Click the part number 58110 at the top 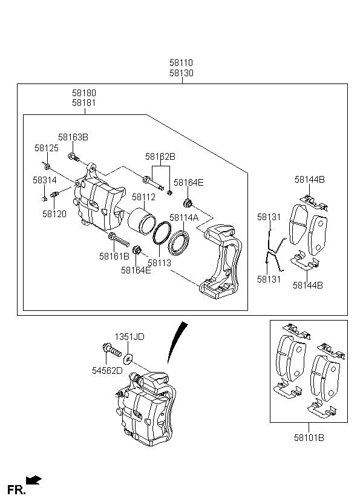pos(181,62)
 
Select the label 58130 pos(181,73)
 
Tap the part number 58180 pos(83,93)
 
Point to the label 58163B pos(73,137)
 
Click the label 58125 pos(46,148)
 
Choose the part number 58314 pos(44,180)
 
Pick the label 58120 pos(54,214)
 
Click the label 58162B pos(160,157)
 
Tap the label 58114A pos(184,218)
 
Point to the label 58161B pos(114,256)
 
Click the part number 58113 pos(159,263)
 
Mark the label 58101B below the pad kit pos(309,437)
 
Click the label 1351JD pos(130,336)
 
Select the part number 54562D pos(106,370)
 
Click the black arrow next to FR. pos(34,480)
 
